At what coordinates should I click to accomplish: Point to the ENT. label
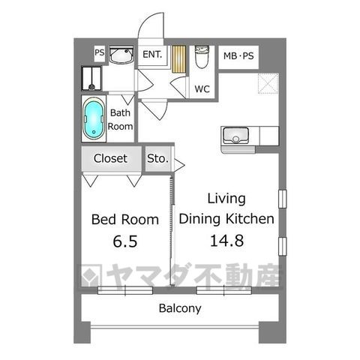[x=152, y=54]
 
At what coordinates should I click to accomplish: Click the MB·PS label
[x=239, y=55]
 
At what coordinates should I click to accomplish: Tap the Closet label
[x=111, y=158]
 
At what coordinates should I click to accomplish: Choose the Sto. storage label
[x=157, y=159]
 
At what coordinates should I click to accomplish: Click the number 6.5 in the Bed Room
[x=124, y=243]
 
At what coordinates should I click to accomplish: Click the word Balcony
[x=179, y=308]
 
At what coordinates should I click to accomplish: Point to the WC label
[x=202, y=88]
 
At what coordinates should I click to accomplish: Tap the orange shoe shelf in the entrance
[x=178, y=58]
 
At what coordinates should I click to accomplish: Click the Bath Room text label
[x=121, y=120]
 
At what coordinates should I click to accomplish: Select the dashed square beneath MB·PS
[x=268, y=84]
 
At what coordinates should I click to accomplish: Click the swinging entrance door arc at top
[x=154, y=26]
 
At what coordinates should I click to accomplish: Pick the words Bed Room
[x=124, y=220]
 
